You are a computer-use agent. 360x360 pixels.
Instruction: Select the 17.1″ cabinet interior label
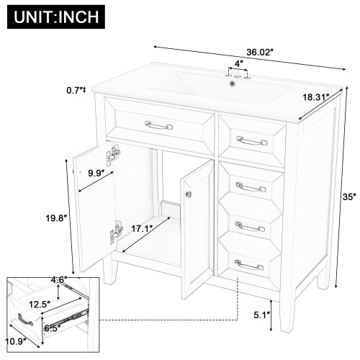pos(141,230)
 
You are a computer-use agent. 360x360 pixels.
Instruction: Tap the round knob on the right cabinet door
pos(189,193)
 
